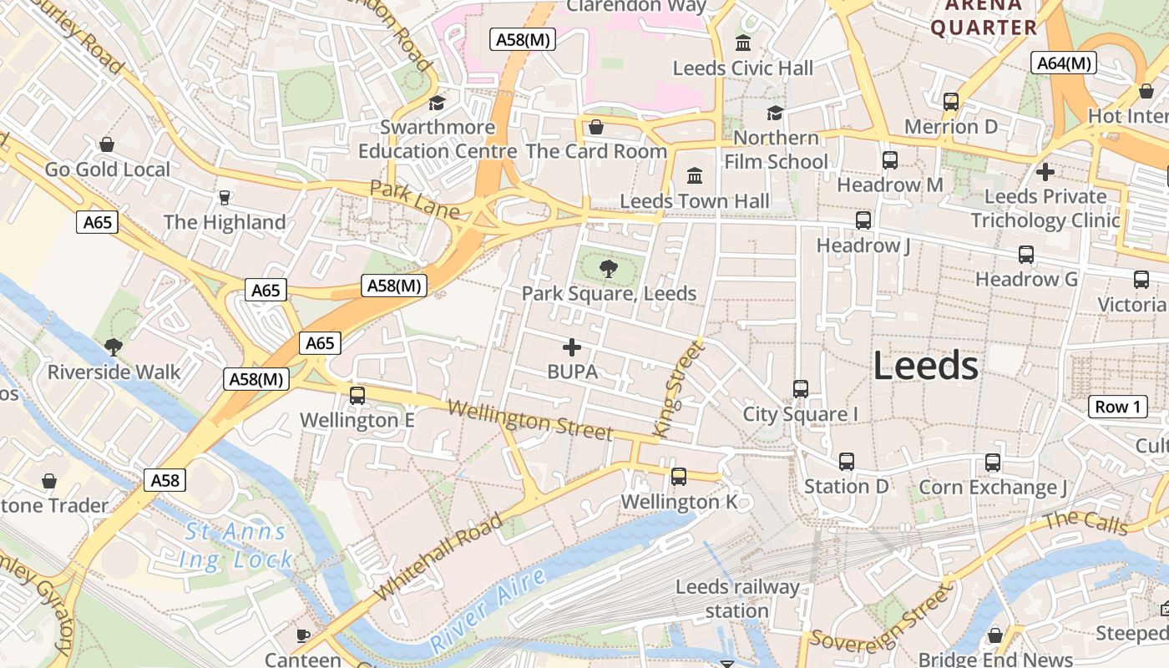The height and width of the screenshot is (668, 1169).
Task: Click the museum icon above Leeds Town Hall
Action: (x=694, y=175)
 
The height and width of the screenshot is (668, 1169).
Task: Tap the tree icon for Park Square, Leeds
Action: (x=609, y=268)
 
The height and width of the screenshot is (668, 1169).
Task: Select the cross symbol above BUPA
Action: (x=572, y=347)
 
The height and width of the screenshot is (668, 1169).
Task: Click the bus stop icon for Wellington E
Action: (x=357, y=395)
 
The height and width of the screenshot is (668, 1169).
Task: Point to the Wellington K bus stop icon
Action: (x=679, y=476)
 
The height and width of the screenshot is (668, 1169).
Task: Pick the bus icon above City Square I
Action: (x=801, y=388)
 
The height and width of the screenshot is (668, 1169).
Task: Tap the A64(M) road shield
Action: (x=1063, y=63)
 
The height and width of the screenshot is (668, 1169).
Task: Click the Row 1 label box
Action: (x=1117, y=407)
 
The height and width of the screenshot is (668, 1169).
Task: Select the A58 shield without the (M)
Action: (x=164, y=480)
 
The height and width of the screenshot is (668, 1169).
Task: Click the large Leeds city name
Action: (x=925, y=366)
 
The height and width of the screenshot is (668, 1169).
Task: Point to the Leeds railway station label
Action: (x=737, y=599)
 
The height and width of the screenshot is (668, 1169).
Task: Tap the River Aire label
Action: (x=488, y=611)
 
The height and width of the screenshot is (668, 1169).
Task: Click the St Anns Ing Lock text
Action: (x=236, y=545)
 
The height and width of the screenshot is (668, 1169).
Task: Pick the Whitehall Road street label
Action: (x=439, y=556)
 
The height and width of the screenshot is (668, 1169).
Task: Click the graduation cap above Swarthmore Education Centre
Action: (x=437, y=103)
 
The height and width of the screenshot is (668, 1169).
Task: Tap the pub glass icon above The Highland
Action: (x=224, y=197)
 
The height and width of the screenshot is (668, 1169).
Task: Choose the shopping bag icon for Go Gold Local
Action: (x=107, y=144)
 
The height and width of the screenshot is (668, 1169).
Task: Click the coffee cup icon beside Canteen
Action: (x=303, y=635)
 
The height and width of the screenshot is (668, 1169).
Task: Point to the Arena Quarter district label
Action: (x=984, y=17)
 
